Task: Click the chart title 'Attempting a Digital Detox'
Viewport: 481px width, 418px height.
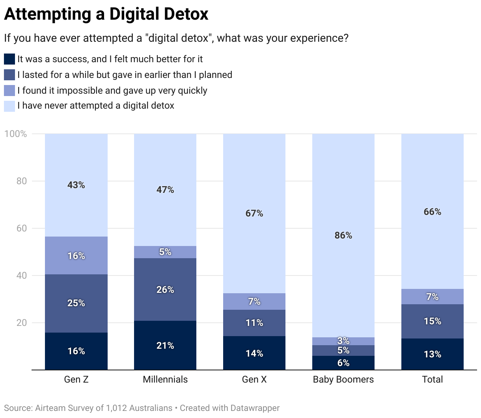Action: coord(106,15)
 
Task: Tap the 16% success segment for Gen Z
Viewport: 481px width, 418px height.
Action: coord(76,351)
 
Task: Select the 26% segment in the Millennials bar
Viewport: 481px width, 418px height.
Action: coord(165,289)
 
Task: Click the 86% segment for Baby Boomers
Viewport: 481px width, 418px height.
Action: coord(343,235)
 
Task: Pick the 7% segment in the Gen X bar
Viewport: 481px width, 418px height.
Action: coord(254,301)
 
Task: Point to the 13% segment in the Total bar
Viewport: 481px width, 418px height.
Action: coord(432,354)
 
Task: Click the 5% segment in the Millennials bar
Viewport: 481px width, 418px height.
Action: coord(165,252)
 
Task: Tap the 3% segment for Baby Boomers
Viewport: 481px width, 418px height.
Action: coord(343,341)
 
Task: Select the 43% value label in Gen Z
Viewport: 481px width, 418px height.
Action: coord(76,185)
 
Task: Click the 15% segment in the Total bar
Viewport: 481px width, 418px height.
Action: coord(432,321)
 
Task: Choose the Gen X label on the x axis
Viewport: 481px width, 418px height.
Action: coord(254,379)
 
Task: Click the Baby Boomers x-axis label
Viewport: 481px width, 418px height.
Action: coord(343,379)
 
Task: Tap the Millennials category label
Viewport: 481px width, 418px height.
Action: coord(165,379)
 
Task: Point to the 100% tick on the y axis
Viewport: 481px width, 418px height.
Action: coord(16,134)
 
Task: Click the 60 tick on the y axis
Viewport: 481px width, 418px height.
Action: coord(21,228)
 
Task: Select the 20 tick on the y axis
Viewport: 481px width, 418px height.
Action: coord(21,323)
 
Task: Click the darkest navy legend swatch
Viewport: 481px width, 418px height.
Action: coord(9,59)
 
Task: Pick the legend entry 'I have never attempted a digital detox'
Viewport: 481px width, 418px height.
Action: coord(95,105)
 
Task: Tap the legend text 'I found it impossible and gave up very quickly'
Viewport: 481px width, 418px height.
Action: coord(112,90)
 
